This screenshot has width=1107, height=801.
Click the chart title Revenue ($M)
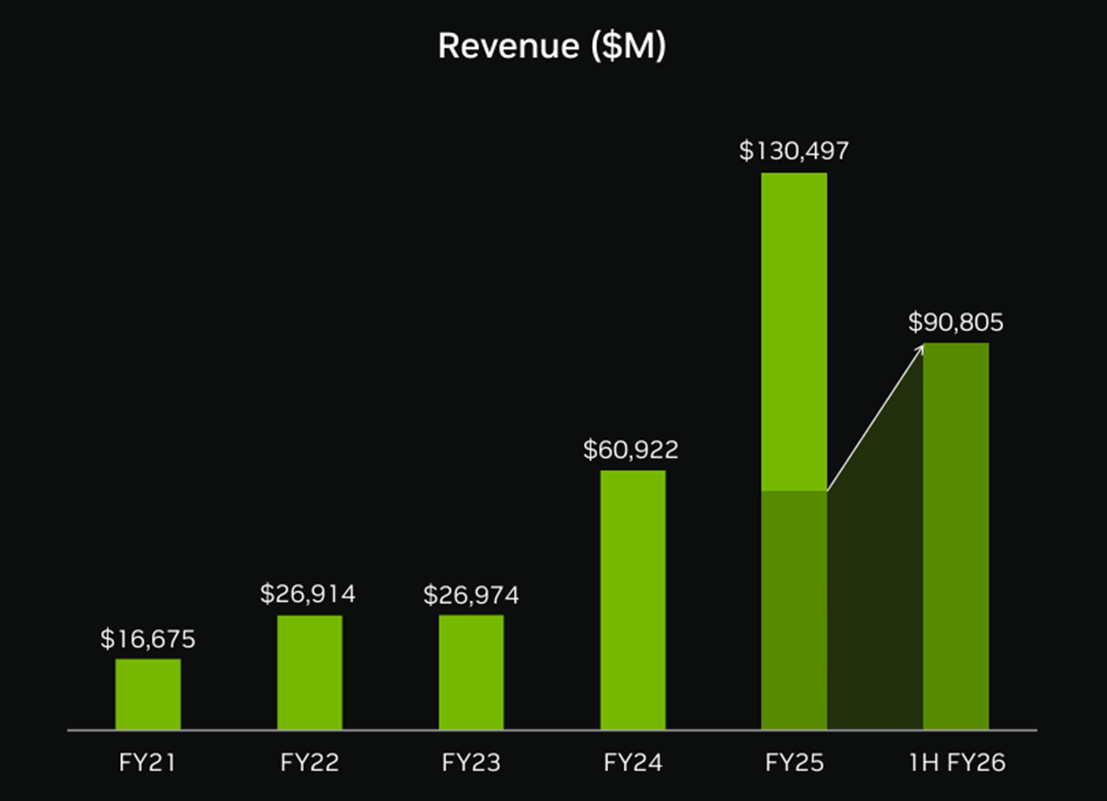[552, 46]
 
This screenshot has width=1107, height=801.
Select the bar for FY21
[147, 694]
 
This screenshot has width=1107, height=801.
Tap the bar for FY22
[310, 672]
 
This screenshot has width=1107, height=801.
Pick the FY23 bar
[471, 672]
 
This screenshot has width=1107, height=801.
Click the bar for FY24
[632, 599]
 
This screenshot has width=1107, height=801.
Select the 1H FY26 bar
[955, 535]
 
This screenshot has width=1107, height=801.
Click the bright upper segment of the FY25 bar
[794, 331]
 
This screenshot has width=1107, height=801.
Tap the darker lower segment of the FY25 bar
[794, 610]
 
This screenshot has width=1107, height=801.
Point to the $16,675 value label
[147, 640]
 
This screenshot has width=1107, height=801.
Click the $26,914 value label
[308, 595]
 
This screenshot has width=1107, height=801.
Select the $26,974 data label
[471, 596]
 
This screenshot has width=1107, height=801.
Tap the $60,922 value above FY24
[631, 451]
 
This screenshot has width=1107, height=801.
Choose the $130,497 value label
[794, 151]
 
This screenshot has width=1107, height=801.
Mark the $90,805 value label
[955, 323]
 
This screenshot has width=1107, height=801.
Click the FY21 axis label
[147, 763]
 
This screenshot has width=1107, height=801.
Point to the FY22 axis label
[310, 763]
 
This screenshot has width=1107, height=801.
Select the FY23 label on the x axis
[471, 763]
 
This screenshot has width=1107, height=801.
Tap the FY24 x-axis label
[632, 763]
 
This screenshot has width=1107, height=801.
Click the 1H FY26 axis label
[955, 763]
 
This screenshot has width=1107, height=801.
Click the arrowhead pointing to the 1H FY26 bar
[919, 349]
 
